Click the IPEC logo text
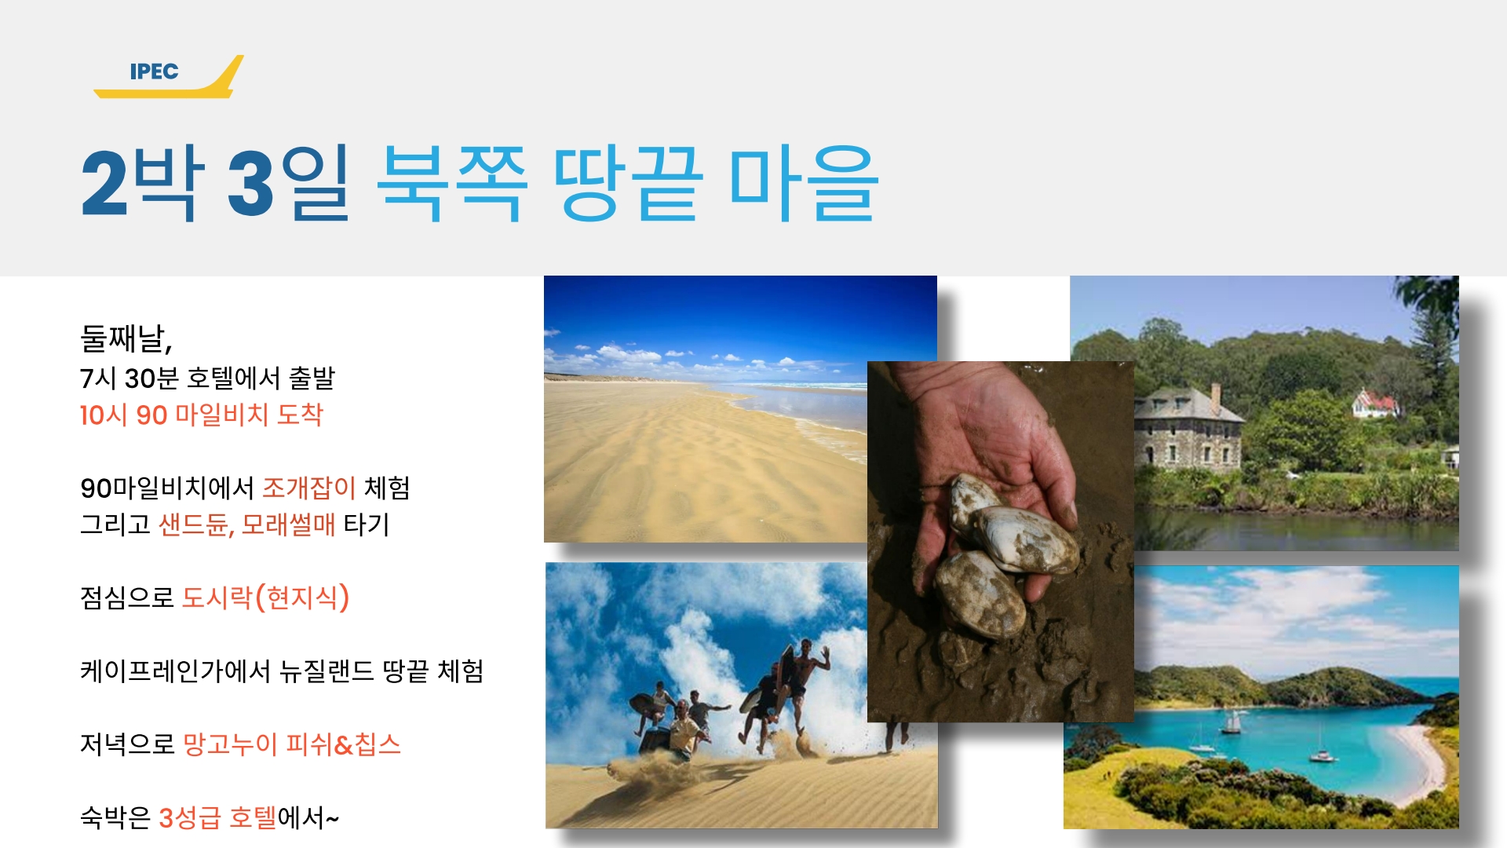155,71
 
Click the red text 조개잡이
309,488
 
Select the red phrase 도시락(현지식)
265,598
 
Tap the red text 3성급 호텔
218,817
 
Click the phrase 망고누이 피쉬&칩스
291,744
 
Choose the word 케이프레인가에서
175,671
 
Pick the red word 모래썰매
288,524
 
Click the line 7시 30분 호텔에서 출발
207,378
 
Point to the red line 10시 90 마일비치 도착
202,415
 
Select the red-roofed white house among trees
1375,404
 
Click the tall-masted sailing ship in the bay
1232,722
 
